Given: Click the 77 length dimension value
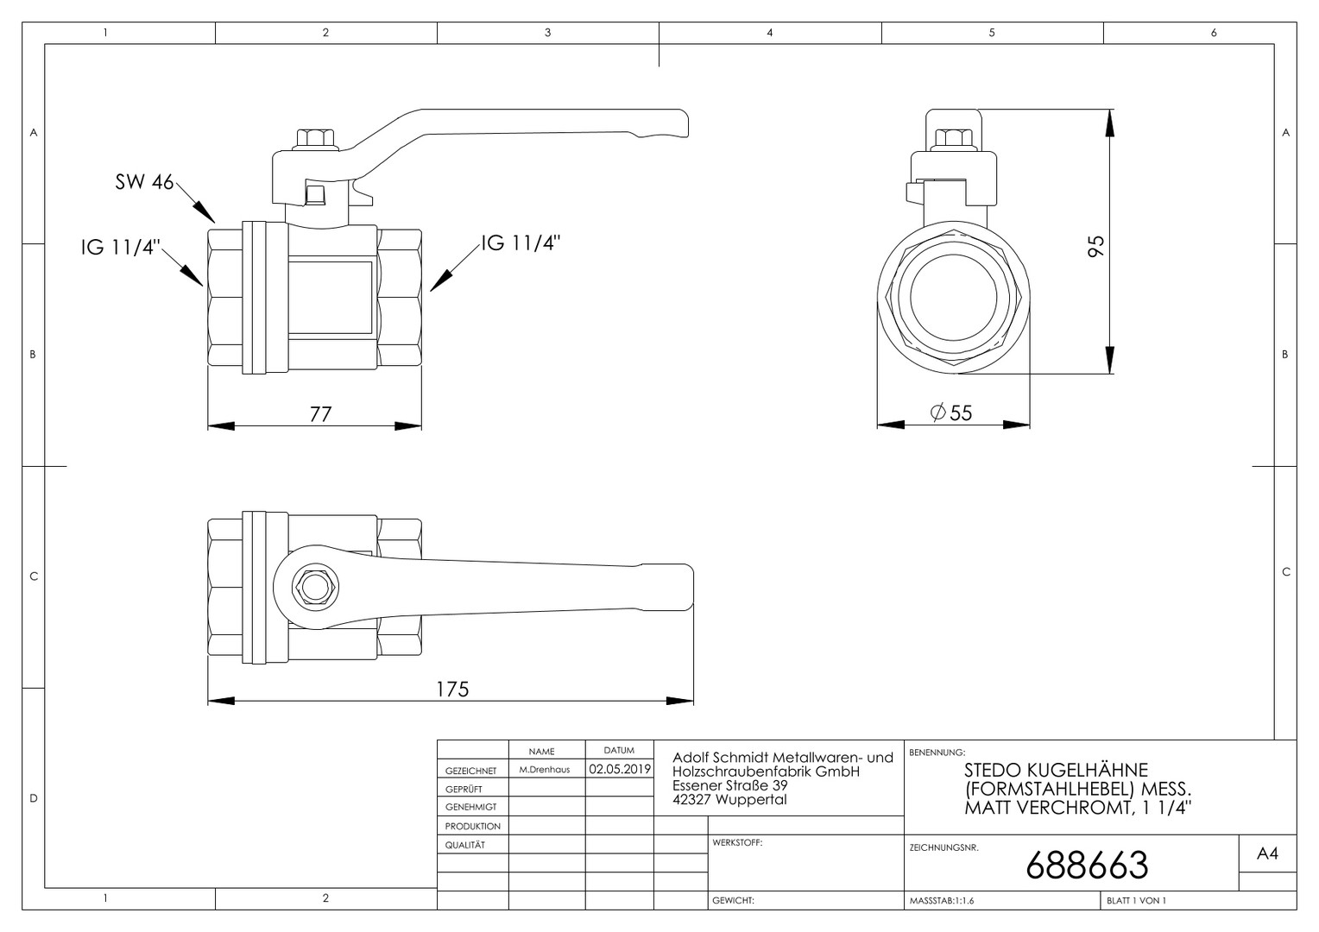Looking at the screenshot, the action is (320, 414).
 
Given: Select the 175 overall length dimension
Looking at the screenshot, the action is (452, 689).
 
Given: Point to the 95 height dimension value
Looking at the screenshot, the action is (1095, 245).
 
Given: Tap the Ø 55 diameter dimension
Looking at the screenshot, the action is (951, 412).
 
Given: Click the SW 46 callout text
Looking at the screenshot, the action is (144, 182).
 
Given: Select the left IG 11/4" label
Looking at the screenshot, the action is (121, 247).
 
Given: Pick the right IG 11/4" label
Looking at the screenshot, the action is (521, 242).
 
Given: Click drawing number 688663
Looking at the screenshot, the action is (1087, 865).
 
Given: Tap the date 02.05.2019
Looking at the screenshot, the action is (620, 769).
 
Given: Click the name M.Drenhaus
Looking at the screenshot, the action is (545, 770).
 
